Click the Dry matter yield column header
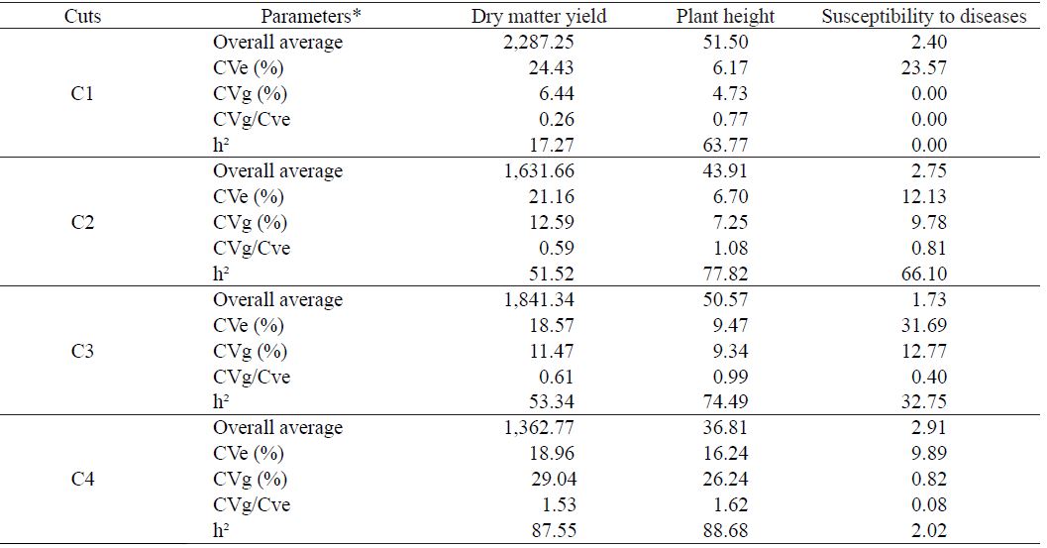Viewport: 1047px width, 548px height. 539,17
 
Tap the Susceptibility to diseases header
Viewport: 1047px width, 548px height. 924,17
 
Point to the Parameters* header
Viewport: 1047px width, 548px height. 309,17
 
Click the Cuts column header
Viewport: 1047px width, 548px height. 83,17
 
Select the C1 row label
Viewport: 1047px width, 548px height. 83,94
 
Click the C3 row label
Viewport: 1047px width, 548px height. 83,352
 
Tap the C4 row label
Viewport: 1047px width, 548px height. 83,480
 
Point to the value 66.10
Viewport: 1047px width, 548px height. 925,274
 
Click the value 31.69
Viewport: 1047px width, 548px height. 925,326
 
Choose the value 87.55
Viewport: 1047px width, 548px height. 549,531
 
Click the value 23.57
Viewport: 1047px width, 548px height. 925,68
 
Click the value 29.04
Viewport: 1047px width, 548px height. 549,480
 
